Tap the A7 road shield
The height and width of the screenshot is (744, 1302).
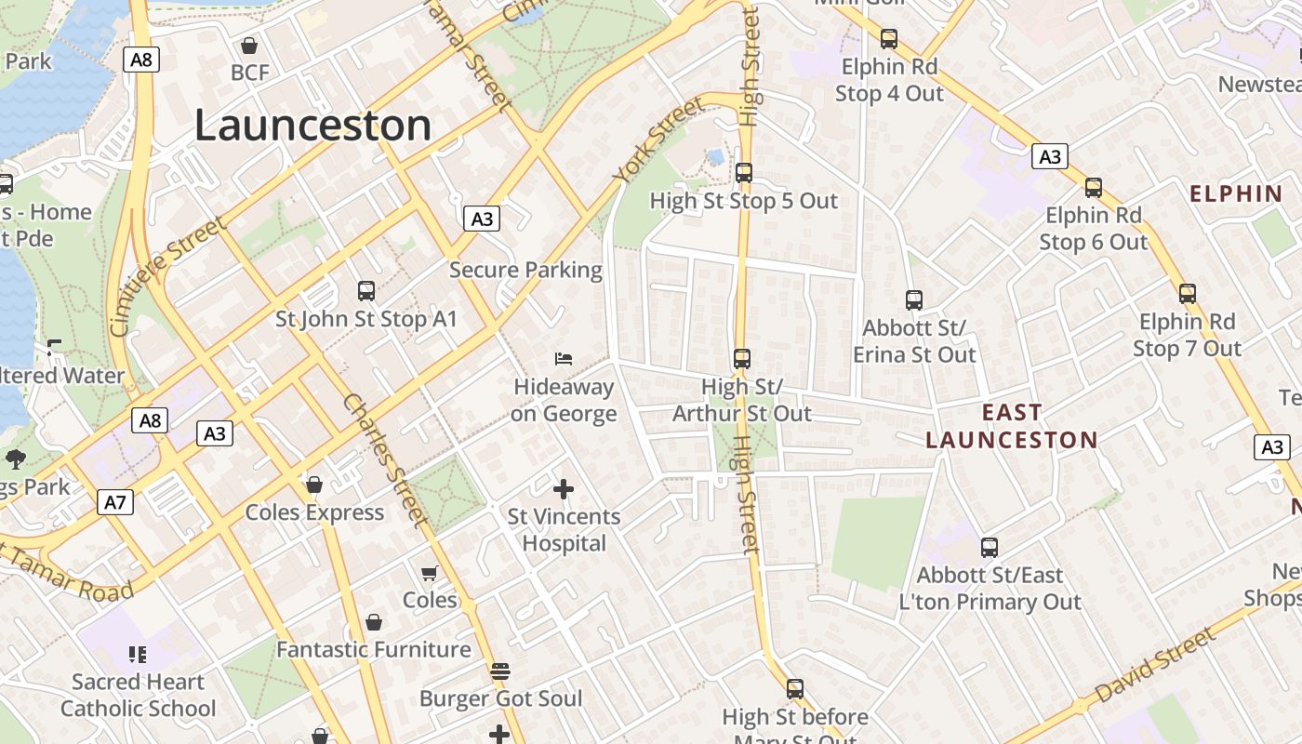[114, 503]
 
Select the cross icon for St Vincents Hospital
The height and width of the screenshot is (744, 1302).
[564, 488]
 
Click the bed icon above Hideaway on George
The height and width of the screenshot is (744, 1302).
[564, 358]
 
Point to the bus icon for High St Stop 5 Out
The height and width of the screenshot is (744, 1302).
[743, 172]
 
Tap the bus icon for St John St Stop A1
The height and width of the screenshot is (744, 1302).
[366, 291]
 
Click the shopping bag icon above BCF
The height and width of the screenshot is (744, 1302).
[249, 45]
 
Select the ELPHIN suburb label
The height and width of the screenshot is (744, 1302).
[1236, 193]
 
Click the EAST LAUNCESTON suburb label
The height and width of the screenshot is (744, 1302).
[1012, 426]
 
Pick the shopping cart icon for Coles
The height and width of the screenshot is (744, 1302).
[429, 573]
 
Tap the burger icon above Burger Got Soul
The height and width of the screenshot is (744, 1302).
[500, 671]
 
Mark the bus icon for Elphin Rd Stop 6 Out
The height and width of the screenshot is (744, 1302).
[1094, 188]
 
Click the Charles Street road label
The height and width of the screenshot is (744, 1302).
[383, 460]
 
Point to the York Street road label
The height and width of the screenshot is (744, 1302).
[658, 139]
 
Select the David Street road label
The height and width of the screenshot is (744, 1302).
[1154, 666]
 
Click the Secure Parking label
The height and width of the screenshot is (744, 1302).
[525, 270]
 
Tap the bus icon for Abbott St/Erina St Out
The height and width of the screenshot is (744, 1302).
[914, 299]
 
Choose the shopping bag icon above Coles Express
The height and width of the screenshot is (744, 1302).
[314, 485]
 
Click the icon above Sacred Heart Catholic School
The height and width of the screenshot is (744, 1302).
[138, 654]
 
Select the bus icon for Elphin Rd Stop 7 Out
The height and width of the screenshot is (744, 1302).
[1188, 294]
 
